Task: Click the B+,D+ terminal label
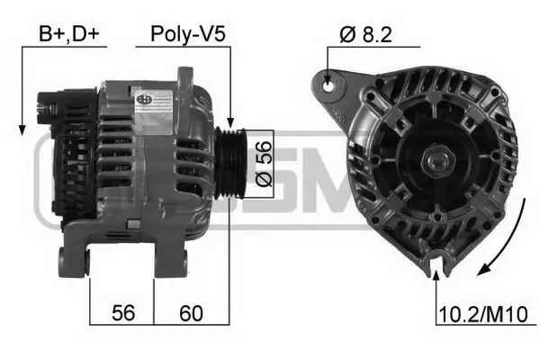68,35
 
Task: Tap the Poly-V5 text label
187,35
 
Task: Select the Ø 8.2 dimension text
366,35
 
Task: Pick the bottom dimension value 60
190,314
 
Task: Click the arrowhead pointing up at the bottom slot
437,273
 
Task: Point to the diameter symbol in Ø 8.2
346,35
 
